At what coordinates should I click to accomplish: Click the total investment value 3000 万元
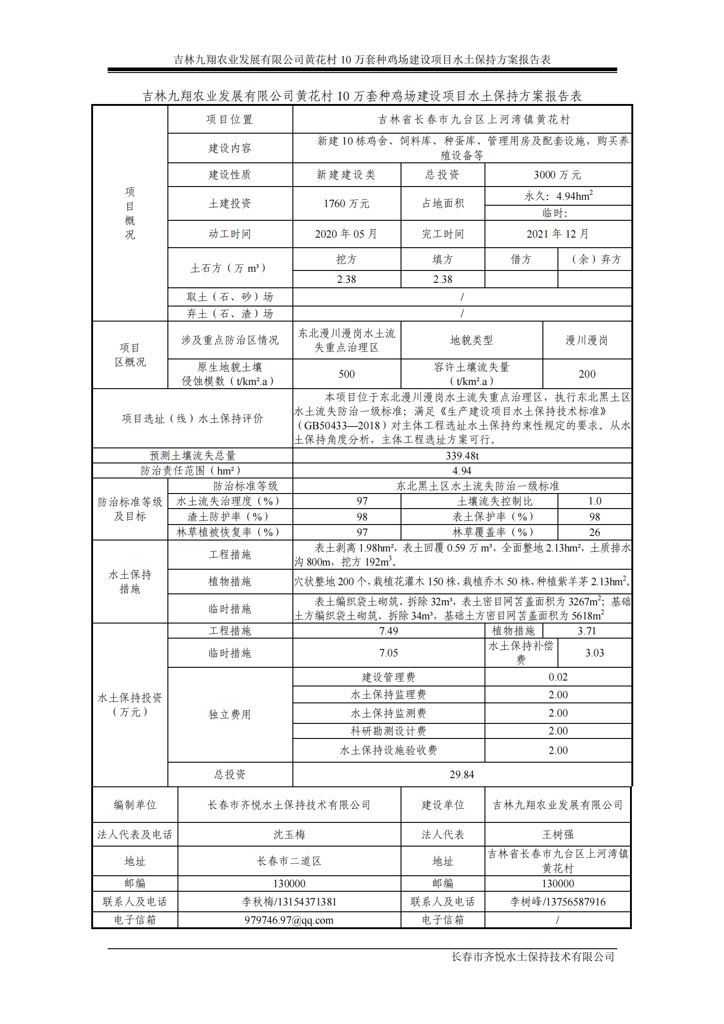click(x=557, y=175)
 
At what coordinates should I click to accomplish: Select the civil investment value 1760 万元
click(x=346, y=203)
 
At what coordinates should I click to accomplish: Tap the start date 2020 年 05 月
click(x=346, y=234)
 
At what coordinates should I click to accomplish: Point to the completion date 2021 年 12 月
click(x=557, y=234)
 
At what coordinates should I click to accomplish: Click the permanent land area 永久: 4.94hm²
click(x=558, y=196)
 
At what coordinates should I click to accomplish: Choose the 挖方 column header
click(x=346, y=260)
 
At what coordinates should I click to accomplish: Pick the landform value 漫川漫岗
click(x=587, y=340)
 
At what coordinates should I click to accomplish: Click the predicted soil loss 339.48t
click(x=462, y=456)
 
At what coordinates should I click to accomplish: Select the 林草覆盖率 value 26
click(x=594, y=532)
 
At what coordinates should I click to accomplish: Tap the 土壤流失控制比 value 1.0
click(x=594, y=501)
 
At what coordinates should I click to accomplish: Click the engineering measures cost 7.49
click(x=388, y=631)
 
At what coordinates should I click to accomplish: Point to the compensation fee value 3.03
click(x=594, y=653)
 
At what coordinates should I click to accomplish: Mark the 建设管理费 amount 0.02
click(x=558, y=677)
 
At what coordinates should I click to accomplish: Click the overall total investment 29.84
click(x=462, y=774)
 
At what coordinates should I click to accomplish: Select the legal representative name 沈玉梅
click(x=289, y=835)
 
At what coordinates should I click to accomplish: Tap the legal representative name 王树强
click(x=557, y=835)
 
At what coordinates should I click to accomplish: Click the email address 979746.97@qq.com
click(x=289, y=920)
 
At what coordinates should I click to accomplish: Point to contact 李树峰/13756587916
click(x=557, y=902)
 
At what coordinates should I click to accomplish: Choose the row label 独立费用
click(x=230, y=715)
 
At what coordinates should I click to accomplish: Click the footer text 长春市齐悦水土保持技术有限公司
click(x=532, y=956)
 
